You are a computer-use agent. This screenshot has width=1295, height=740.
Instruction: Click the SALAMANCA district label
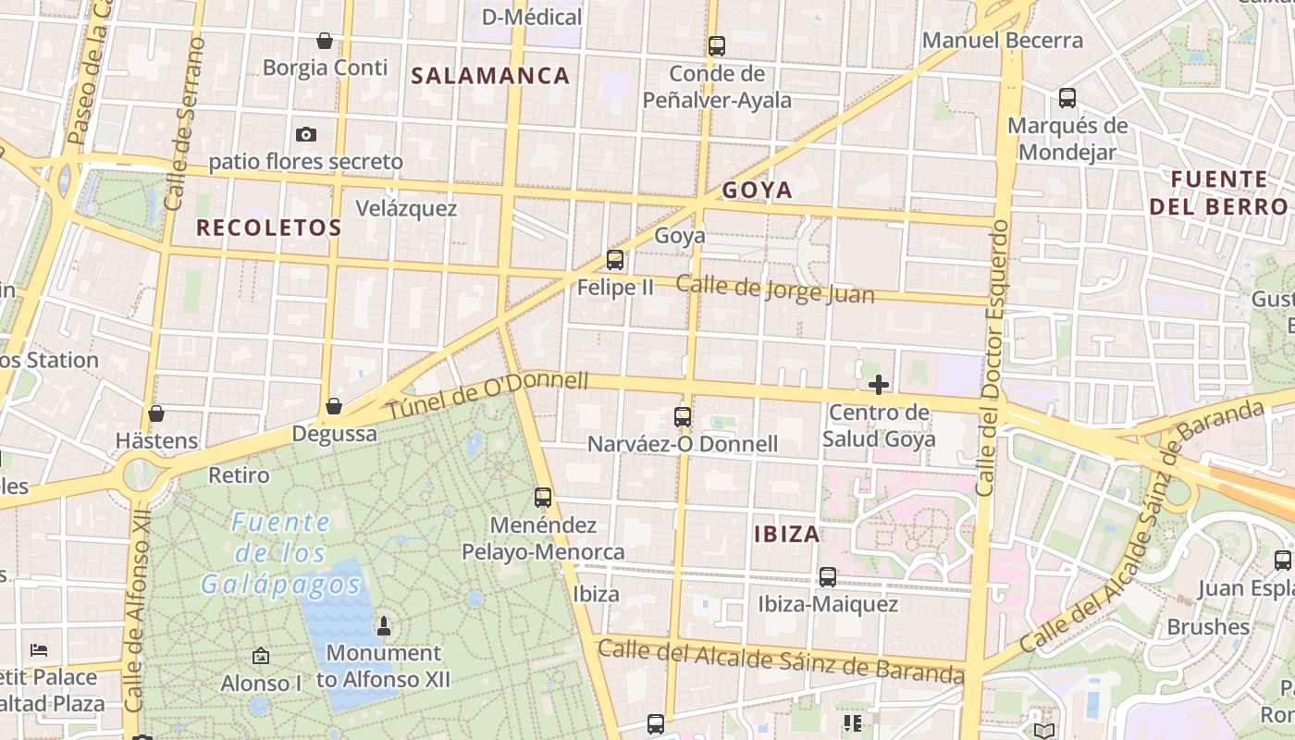tap(490, 76)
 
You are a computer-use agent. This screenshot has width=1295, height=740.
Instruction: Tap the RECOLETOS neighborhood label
tap(269, 228)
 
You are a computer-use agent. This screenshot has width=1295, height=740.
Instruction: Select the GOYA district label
tap(758, 191)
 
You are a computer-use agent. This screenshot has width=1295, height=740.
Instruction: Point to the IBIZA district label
tap(787, 534)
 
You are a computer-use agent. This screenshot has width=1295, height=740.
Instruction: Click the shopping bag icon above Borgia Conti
tap(325, 41)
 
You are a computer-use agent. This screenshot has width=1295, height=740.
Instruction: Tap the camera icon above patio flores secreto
tap(306, 135)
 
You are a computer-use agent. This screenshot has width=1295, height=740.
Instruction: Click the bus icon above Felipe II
tap(615, 260)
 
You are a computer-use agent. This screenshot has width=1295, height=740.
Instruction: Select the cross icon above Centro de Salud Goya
tap(879, 384)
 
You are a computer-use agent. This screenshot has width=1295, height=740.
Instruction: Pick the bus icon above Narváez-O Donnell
tap(683, 417)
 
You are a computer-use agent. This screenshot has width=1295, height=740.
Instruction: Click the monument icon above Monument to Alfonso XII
tap(384, 626)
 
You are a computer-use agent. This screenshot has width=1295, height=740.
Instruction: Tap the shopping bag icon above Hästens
tap(156, 413)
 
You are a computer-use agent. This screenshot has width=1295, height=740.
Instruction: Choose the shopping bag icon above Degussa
tap(334, 406)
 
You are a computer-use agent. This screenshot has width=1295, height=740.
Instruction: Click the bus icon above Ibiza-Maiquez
tap(828, 577)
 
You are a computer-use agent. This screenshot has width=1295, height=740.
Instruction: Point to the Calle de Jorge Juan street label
tap(775, 289)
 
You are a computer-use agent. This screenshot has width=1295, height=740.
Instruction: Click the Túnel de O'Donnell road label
tap(487, 395)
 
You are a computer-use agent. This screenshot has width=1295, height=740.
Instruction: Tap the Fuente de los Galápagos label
tap(280, 553)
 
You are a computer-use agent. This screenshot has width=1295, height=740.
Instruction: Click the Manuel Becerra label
tap(1003, 41)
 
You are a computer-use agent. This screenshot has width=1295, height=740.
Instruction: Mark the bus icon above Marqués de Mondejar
tap(1067, 98)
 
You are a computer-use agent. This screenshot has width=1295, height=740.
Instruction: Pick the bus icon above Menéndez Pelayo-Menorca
tap(543, 498)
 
